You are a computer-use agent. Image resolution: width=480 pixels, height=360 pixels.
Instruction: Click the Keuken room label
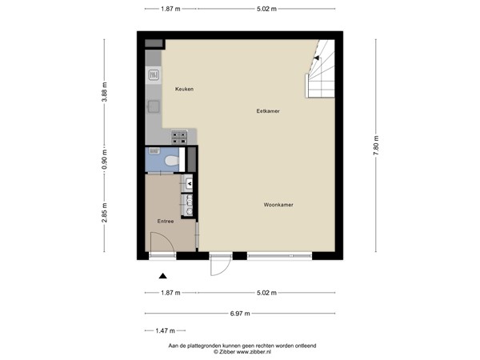(184, 89)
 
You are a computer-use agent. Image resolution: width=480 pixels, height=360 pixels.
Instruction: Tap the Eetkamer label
(267, 110)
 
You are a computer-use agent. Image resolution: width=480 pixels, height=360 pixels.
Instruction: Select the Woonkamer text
(278, 205)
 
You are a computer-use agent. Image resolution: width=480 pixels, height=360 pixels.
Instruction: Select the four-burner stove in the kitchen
(179, 137)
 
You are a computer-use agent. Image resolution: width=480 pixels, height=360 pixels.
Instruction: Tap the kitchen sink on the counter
(153, 75)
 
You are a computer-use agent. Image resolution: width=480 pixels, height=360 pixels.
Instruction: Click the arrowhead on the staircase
(318, 58)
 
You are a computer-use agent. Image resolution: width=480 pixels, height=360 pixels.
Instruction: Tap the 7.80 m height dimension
(376, 144)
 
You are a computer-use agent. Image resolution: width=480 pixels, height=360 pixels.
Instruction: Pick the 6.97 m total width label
(240, 312)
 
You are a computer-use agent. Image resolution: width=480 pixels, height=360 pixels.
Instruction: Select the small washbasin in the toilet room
(154, 150)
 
